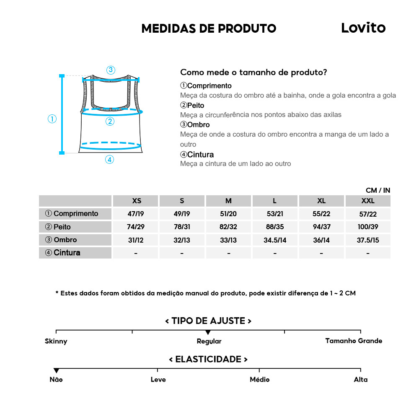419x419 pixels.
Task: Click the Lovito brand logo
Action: (363, 28)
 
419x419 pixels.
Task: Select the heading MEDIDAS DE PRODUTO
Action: (209, 28)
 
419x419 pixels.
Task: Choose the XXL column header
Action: (367, 201)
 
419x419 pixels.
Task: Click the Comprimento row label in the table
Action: (72, 214)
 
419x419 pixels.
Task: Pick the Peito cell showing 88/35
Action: (275, 227)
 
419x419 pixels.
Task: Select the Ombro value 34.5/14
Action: (275, 240)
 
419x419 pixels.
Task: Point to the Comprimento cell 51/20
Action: (228, 214)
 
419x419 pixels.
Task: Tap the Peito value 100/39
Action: (367, 227)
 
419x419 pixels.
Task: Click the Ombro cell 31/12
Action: (136, 240)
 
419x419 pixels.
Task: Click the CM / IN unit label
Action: (378, 190)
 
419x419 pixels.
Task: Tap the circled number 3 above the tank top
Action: (111, 70)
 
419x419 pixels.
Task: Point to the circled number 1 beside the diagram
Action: (52, 119)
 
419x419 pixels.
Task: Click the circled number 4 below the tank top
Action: (109, 159)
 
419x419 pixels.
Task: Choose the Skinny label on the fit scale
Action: (56, 341)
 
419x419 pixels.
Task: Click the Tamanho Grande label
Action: (354, 341)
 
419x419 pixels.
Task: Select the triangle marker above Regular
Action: (208, 332)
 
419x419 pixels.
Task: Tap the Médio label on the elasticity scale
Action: (259, 380)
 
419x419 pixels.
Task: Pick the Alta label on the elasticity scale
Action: (360, 380)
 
